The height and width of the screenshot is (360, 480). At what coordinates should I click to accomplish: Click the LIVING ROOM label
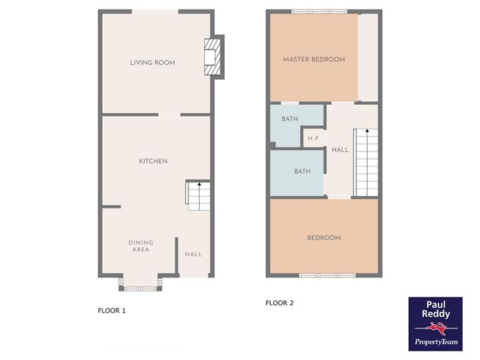(152, 63)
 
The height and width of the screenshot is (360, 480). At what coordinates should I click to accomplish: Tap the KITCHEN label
(153, 161)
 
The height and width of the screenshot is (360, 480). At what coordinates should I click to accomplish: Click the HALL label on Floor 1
(193, 254)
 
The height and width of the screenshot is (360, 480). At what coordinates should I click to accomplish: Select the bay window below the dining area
(139, 287)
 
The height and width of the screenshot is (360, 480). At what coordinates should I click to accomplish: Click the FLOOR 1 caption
(111, 311)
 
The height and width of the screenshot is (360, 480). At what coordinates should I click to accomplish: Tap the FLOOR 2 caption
(280, 303)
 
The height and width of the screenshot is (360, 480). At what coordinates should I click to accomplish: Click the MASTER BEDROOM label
(313, 59)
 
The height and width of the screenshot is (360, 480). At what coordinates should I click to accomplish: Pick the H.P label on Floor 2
(313, 138)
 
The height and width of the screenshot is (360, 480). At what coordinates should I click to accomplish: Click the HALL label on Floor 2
(340, 149)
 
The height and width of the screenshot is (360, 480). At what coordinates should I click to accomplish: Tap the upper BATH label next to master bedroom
(290, 119)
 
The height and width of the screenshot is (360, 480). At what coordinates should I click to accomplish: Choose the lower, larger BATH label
(302, 172)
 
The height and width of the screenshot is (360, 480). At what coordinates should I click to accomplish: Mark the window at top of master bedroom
(320, 11)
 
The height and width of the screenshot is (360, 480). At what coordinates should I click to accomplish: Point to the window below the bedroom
(327, 275)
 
